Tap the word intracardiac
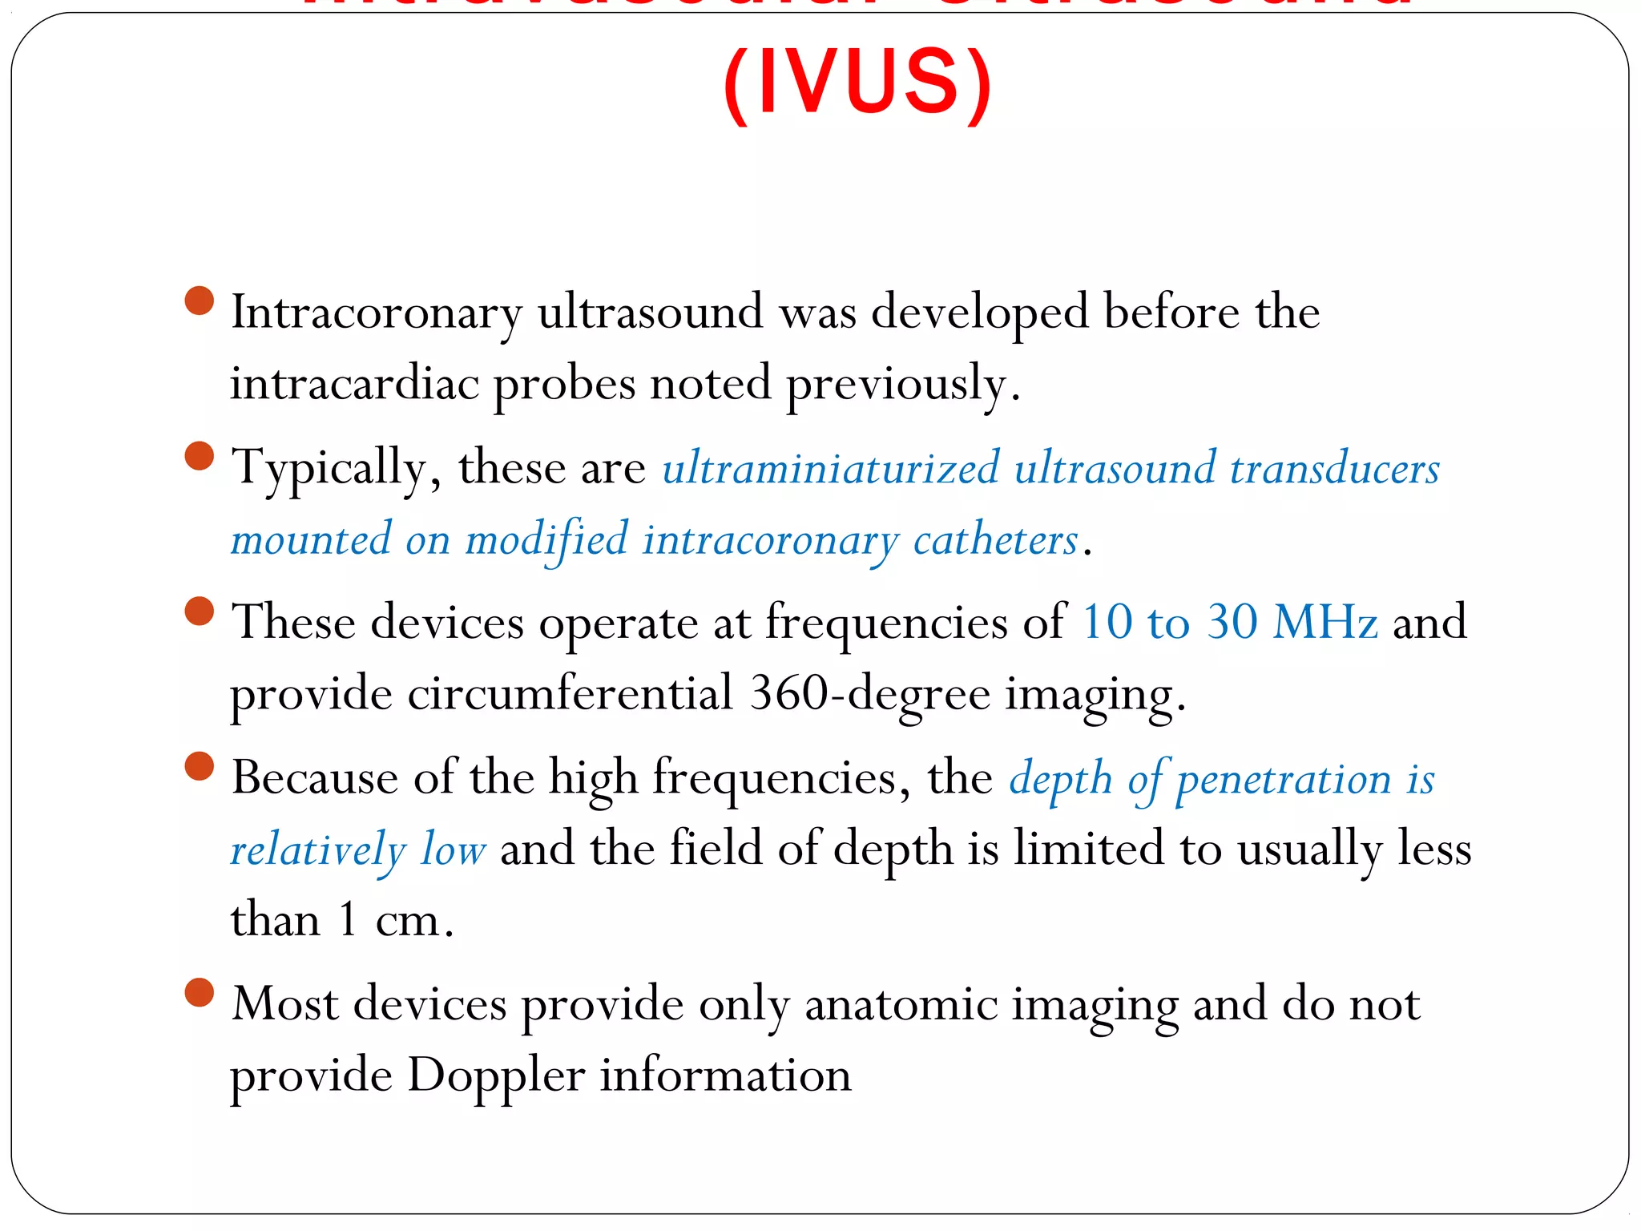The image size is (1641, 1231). [354, 383]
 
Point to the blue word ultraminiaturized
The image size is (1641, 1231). [831, 468]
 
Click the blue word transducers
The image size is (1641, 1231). [1334, 468]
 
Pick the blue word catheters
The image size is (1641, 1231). [995, 539]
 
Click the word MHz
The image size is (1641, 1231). [1325, 622]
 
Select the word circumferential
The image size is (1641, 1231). [571, 693]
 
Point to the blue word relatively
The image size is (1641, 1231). [318, 850]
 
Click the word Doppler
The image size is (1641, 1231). [496, 1076]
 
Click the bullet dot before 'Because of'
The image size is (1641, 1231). [200, 765]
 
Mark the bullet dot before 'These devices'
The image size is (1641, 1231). [200, 611]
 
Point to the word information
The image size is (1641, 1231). [725, 1076]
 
